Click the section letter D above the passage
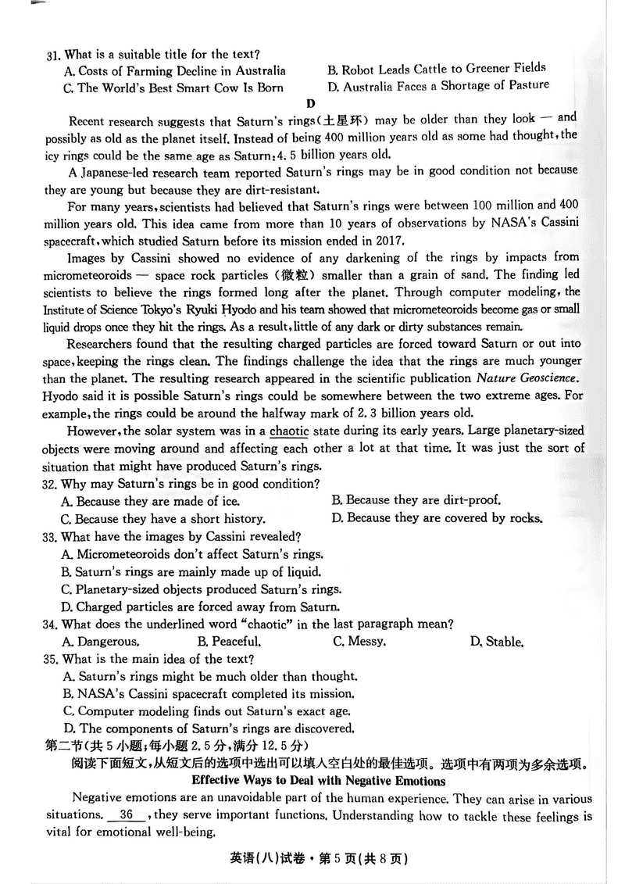point(311,102)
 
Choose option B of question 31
point(436,69)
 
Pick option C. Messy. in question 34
point(359,642)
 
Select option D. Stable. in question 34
point(496,642)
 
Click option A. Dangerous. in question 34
point(101,642)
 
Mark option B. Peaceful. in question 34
point(227,642)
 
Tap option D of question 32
point(437,518)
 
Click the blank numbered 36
point(127,816)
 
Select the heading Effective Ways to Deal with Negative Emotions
point(318,781)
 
